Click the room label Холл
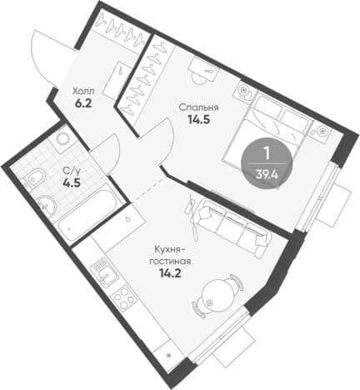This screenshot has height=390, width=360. (83, 91)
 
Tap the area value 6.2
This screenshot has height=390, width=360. (83, 103)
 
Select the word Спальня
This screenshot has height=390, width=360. (198, 107)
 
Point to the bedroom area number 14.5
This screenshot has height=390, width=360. (198, 120)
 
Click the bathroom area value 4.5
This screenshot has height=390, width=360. (72, 183)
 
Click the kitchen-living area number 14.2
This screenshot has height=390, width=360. (170, 273)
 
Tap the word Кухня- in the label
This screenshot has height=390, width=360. (170, 249)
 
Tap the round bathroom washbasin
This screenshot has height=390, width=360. (46, 206)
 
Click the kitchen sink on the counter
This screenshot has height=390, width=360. (105, 273)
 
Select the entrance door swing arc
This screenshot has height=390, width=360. (43, 57)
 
